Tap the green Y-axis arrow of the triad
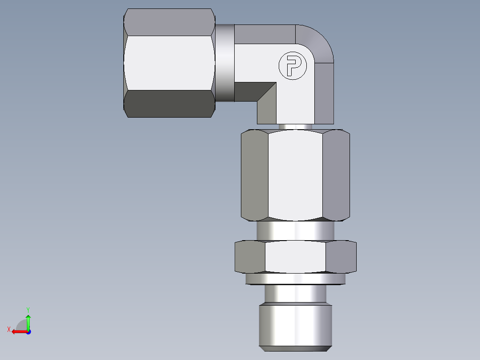[x=28, y=322]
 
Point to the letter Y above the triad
[x=28, y=309]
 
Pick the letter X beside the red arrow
[x=9, y=329]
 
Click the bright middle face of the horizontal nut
[x=169, y=63]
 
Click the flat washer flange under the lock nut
[x=295, y=278]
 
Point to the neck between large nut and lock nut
[x=295, y=231]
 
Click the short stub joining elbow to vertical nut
[x=295, y=127]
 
